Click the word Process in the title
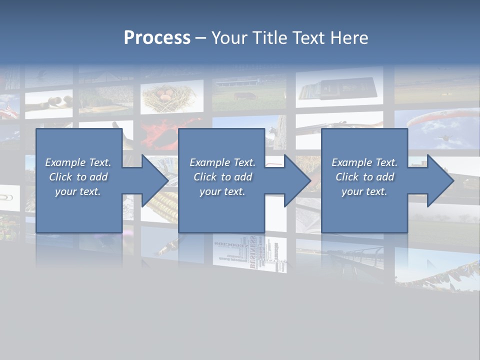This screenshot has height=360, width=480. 157,38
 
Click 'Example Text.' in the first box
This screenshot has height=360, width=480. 78,162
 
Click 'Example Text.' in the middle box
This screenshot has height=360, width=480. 222,162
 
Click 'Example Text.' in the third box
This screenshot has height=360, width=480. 364,162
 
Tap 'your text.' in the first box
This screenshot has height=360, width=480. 78,191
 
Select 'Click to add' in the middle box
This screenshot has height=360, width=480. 222,177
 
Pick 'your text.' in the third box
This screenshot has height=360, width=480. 364,191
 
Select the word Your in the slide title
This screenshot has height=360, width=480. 229,38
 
